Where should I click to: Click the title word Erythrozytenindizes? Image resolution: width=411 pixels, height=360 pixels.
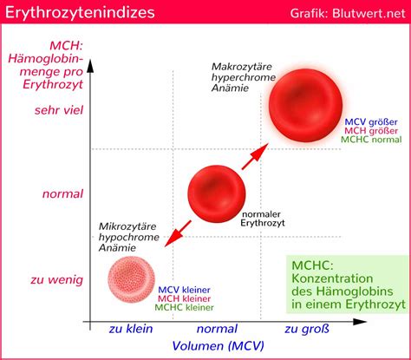(79, 13)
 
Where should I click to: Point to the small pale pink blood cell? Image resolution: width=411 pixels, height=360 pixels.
(131, 279)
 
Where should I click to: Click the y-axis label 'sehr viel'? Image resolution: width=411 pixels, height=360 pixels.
(59, 110)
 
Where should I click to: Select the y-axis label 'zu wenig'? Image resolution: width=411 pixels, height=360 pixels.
(59, 279)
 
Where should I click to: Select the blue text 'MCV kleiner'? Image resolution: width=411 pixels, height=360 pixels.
(185, 290)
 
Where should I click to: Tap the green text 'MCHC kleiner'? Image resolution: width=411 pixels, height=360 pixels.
(185, 307)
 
